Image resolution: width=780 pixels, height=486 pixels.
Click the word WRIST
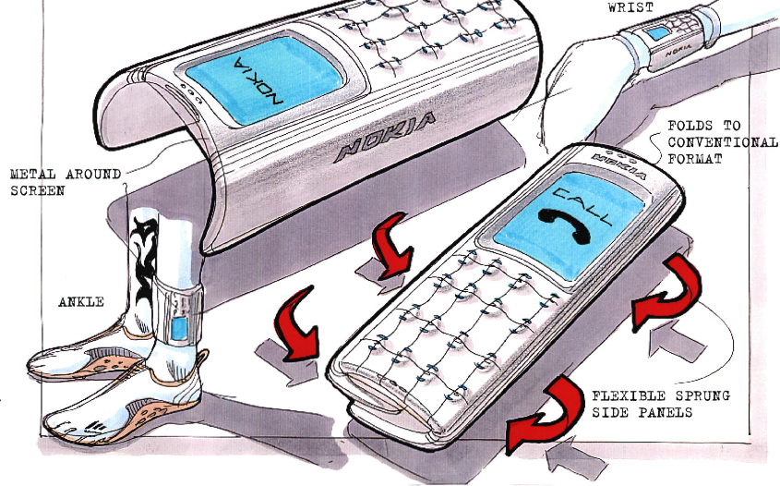(x=630, y=6)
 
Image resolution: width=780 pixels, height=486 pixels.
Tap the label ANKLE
(x=81, y=302)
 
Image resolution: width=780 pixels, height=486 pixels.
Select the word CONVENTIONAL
(x=723, y=142)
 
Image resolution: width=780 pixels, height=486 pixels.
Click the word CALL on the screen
(x=585, y=207)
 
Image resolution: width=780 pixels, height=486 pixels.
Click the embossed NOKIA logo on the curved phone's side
(x=386, y=137)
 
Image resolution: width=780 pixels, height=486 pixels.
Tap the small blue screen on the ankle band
(x=178, y=328)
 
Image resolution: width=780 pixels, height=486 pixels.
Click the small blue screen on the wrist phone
(x=657, y=33)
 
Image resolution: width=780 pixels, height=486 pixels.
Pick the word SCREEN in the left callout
(x=38, y=190)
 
